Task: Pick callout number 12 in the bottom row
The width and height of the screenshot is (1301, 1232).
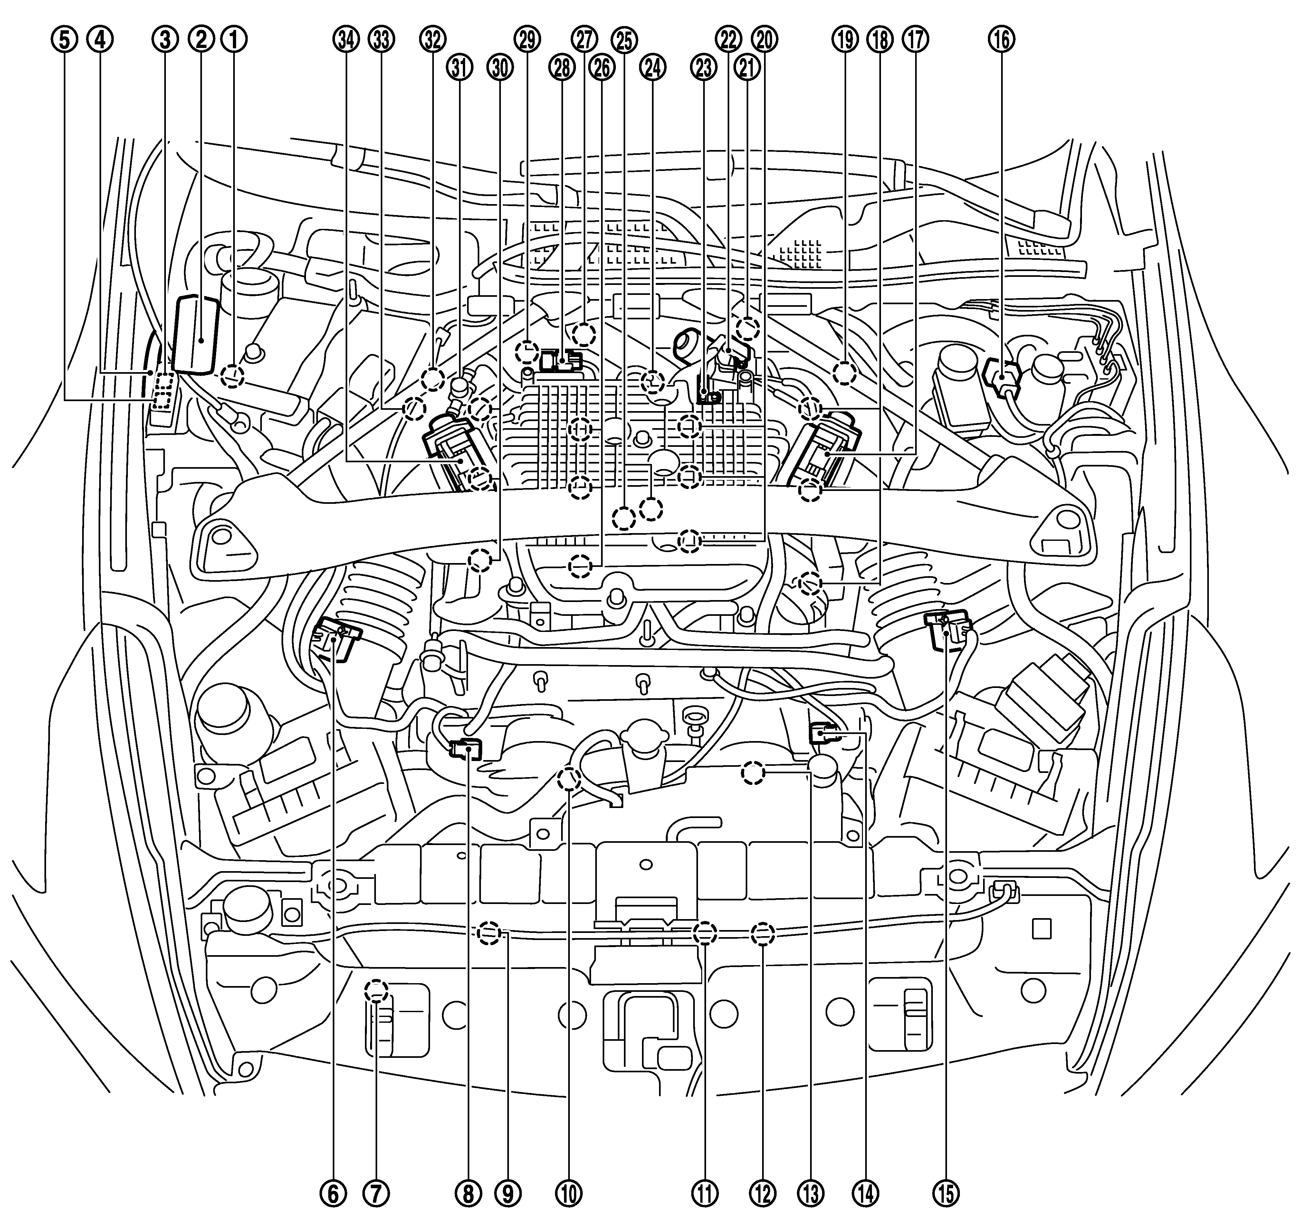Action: [x=763, y=1193]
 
